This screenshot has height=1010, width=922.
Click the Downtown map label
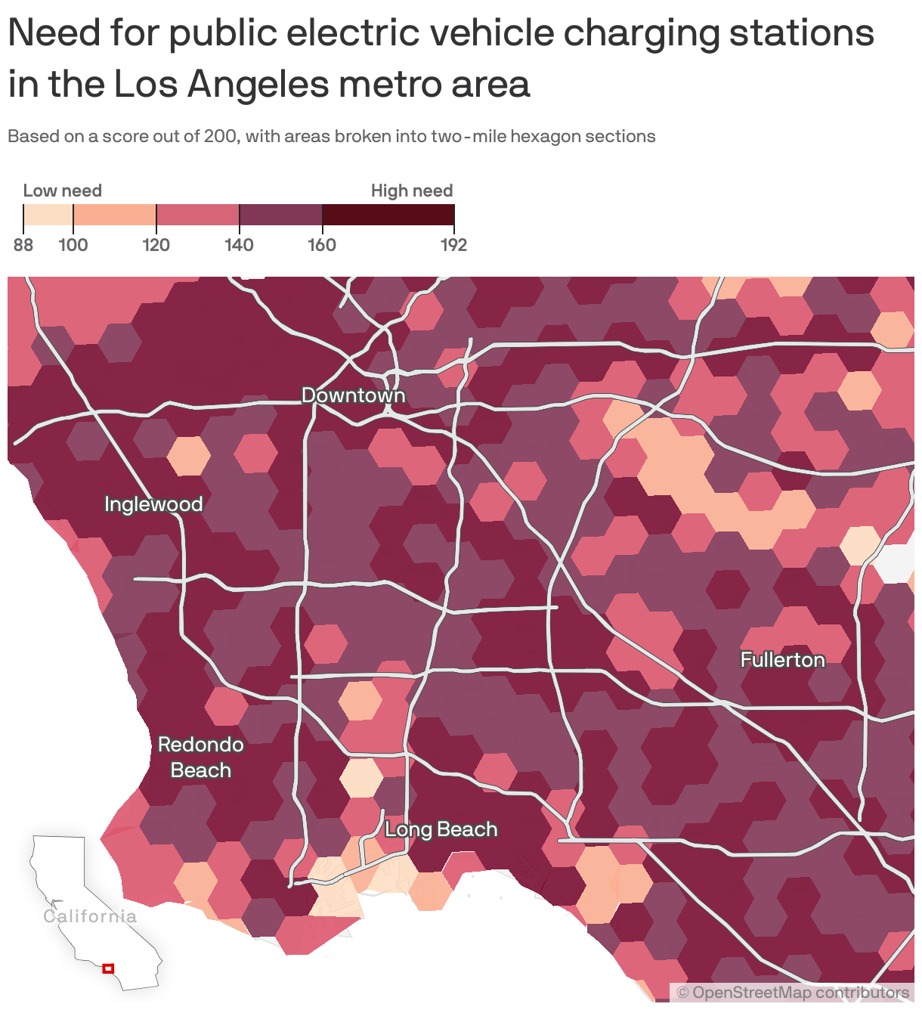pyautogui.click(x=353, y=395)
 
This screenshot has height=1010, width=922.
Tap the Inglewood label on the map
pyautogui.click(x=153, y=504)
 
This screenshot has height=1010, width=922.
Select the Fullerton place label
pyautogui.click(x=782, y=660)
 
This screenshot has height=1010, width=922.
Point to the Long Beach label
pyautogui.click(x=441, y=829)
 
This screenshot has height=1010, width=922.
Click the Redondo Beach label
pyautogui.click(x=200, y=757)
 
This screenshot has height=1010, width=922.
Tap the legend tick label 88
pyautogui.click(x=23, y=245)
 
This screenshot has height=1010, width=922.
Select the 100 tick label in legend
pyautogui.click(x=73, y=245)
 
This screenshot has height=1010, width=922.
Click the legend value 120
pyautogui.click(x=156, y=245)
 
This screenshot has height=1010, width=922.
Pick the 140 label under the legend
pyautogui.click(x=239, y=245)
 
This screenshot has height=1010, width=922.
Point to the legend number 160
pyautogui.click(x=322, y=245)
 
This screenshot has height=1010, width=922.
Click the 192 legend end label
pyautogui.click(x=453, y=245)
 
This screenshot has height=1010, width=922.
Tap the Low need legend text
pyautogui.click(x=63, y=191)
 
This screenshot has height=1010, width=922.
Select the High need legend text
pyautogui.click(x=412, y=191)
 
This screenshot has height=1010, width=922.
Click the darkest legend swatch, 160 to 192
pyautogui.click(x=388, y=215)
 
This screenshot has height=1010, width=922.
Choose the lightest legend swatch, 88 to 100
pyautogui.click(x=48, y=215)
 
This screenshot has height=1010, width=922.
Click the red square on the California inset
pyautogui.click(x=108, y=968)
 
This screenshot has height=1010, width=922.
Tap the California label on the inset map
pyautogui.click(x=90, y=916)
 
